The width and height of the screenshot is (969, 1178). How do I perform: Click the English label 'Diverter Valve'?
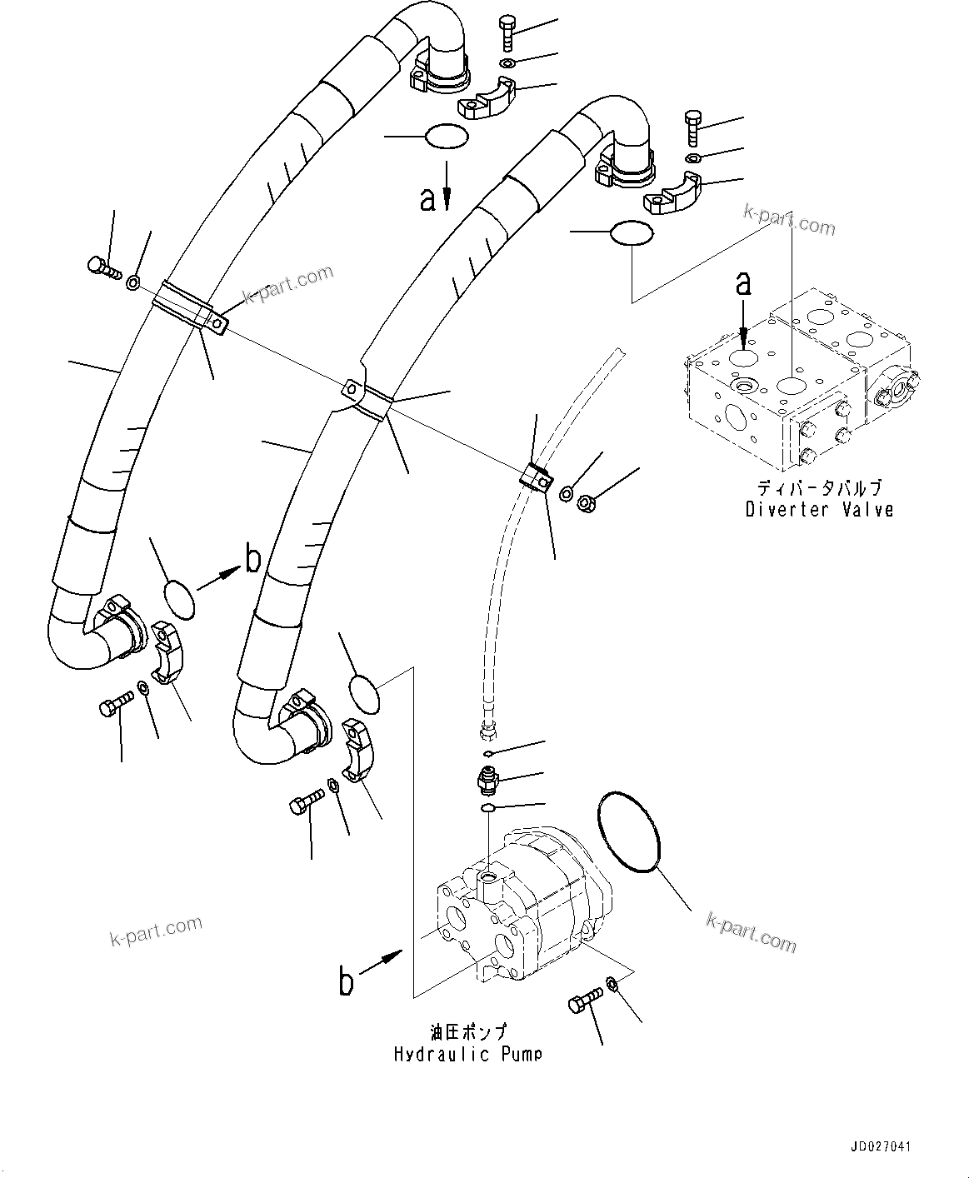(x=819, y=509)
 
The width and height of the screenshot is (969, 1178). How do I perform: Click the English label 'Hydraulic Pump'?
(x=467, y=1054)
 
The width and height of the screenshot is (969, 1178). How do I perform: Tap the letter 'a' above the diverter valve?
(x=742, y=284)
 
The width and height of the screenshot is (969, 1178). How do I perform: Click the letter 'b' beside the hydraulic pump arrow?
(x=347, y=981)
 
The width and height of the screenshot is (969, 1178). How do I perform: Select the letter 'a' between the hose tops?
(x=427, y=198)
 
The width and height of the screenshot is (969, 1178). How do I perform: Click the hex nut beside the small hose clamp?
(x=586, y=502)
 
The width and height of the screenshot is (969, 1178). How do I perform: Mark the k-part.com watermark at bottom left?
(x=156, y=932)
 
